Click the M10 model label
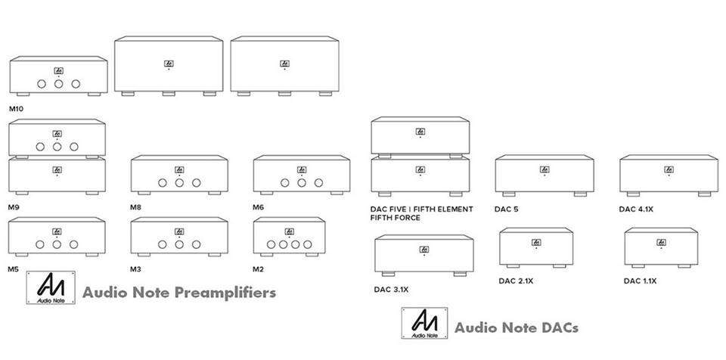(x=16, y=110)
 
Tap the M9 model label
(x=14, y=207)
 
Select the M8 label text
(x=135, y=207)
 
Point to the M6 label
(x=259, y=207)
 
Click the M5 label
(x=14, y=269)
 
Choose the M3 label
(x=135, y=269)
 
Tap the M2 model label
(x=259, y=269)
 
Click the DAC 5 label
(x=507, y=209)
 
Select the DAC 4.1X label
(x=636, y=209)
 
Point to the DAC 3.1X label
(x=391, y=290)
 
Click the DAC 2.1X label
(x=516, y=281)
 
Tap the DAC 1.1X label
(x=641, y=281)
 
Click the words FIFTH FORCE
(x=396, y=218)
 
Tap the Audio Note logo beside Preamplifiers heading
(x=51, y=287)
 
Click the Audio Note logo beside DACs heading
(x=424, y=323)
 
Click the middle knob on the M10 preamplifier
(x=59, y=84)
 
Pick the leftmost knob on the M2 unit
(x=271, y=244)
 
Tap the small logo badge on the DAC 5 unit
(x=544, y=169)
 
